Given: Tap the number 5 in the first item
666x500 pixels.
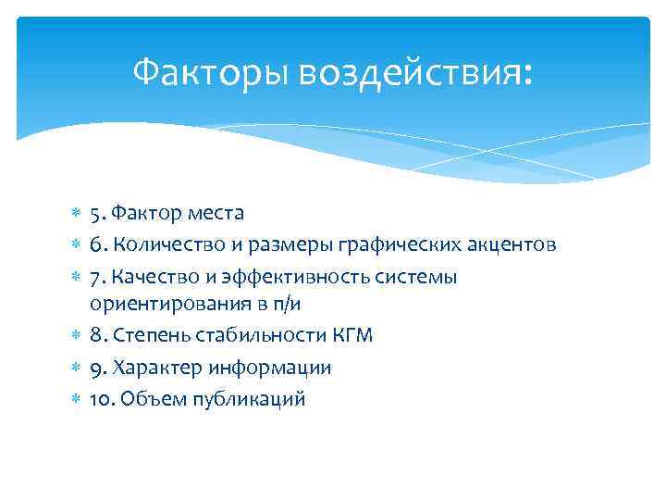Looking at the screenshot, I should click(95, 213).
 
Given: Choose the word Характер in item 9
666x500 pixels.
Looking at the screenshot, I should click(153, 368).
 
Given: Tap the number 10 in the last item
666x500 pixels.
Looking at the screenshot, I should click(101, 399).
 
